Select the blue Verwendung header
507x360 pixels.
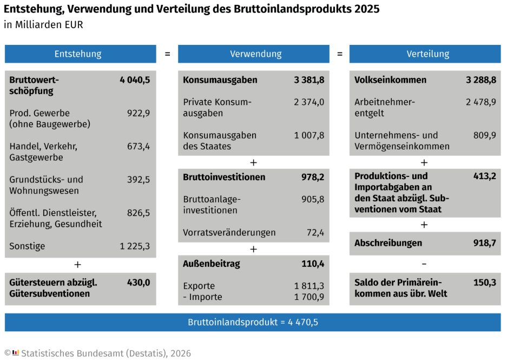(253, 54)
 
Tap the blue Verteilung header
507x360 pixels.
(425, 54)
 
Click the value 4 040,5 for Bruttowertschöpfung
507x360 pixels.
(135, 80)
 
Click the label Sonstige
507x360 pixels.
(27, 246)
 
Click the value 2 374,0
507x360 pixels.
(309, 102)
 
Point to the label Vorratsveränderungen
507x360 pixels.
(229, 233)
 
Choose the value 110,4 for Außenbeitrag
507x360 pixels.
(313, 264)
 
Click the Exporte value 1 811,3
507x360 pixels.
(309, 286)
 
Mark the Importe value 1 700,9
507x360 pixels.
(309, 297)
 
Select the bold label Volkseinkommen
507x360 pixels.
(390, 80)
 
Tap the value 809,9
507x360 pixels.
(484, 135)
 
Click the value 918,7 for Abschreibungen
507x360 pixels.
(484, 243)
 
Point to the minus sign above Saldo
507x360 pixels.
(424, 264)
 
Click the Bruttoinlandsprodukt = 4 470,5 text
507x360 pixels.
(253, 322)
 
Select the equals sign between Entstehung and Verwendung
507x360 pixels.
(167, 54)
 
